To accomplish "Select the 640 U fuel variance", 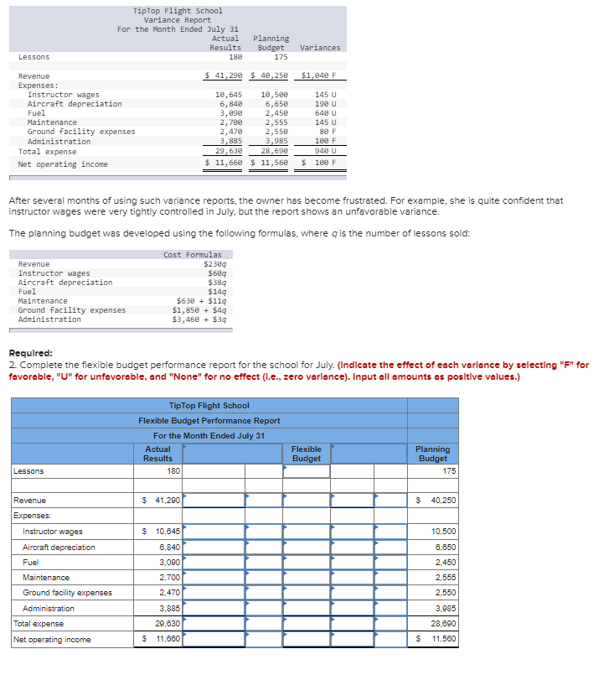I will point(326,113).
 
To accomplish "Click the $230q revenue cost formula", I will point(213,264).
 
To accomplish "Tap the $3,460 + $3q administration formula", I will point(199,319).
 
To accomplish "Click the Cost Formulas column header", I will point(193,255).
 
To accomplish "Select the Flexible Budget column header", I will point(306,454).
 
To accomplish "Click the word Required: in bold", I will point(30,354).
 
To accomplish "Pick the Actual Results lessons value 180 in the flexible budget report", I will point(173,471).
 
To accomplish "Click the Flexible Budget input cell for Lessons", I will point(306,471).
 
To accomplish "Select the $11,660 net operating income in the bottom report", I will point(162,640).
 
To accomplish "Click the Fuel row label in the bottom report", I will point(30,563).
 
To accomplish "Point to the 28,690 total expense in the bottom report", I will point(443,624).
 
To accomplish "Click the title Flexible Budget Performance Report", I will point(209,421).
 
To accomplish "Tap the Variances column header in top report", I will point(320,48).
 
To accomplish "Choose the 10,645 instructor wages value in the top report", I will point(229,95).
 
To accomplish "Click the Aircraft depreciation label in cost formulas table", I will point(65,283).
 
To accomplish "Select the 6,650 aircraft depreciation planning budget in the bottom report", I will point(443,548).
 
